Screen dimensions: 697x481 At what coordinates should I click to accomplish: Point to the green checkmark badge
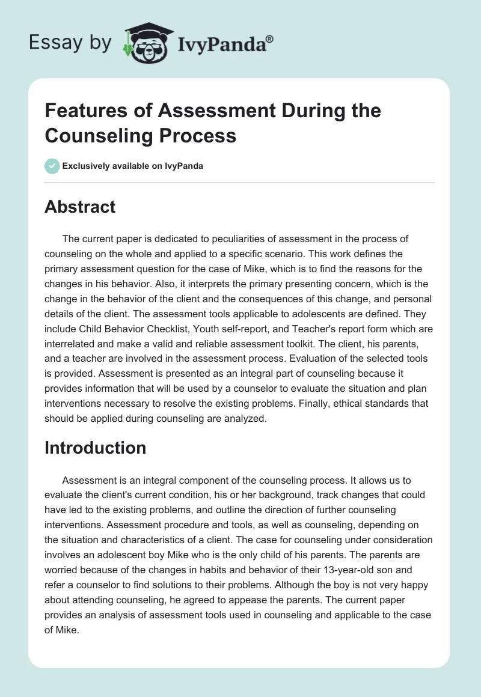coord(52,166)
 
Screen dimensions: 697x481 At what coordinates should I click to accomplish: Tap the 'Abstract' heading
coord(80,207)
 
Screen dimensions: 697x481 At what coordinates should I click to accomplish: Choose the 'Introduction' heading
coord(95,448)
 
